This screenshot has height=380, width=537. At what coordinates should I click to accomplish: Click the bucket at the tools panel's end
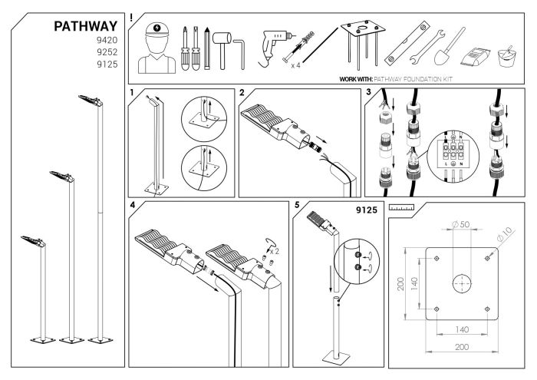pos(506,56)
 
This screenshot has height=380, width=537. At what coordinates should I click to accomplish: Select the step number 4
pos(133,206)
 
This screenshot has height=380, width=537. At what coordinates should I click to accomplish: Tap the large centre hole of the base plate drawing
pos(460,282)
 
